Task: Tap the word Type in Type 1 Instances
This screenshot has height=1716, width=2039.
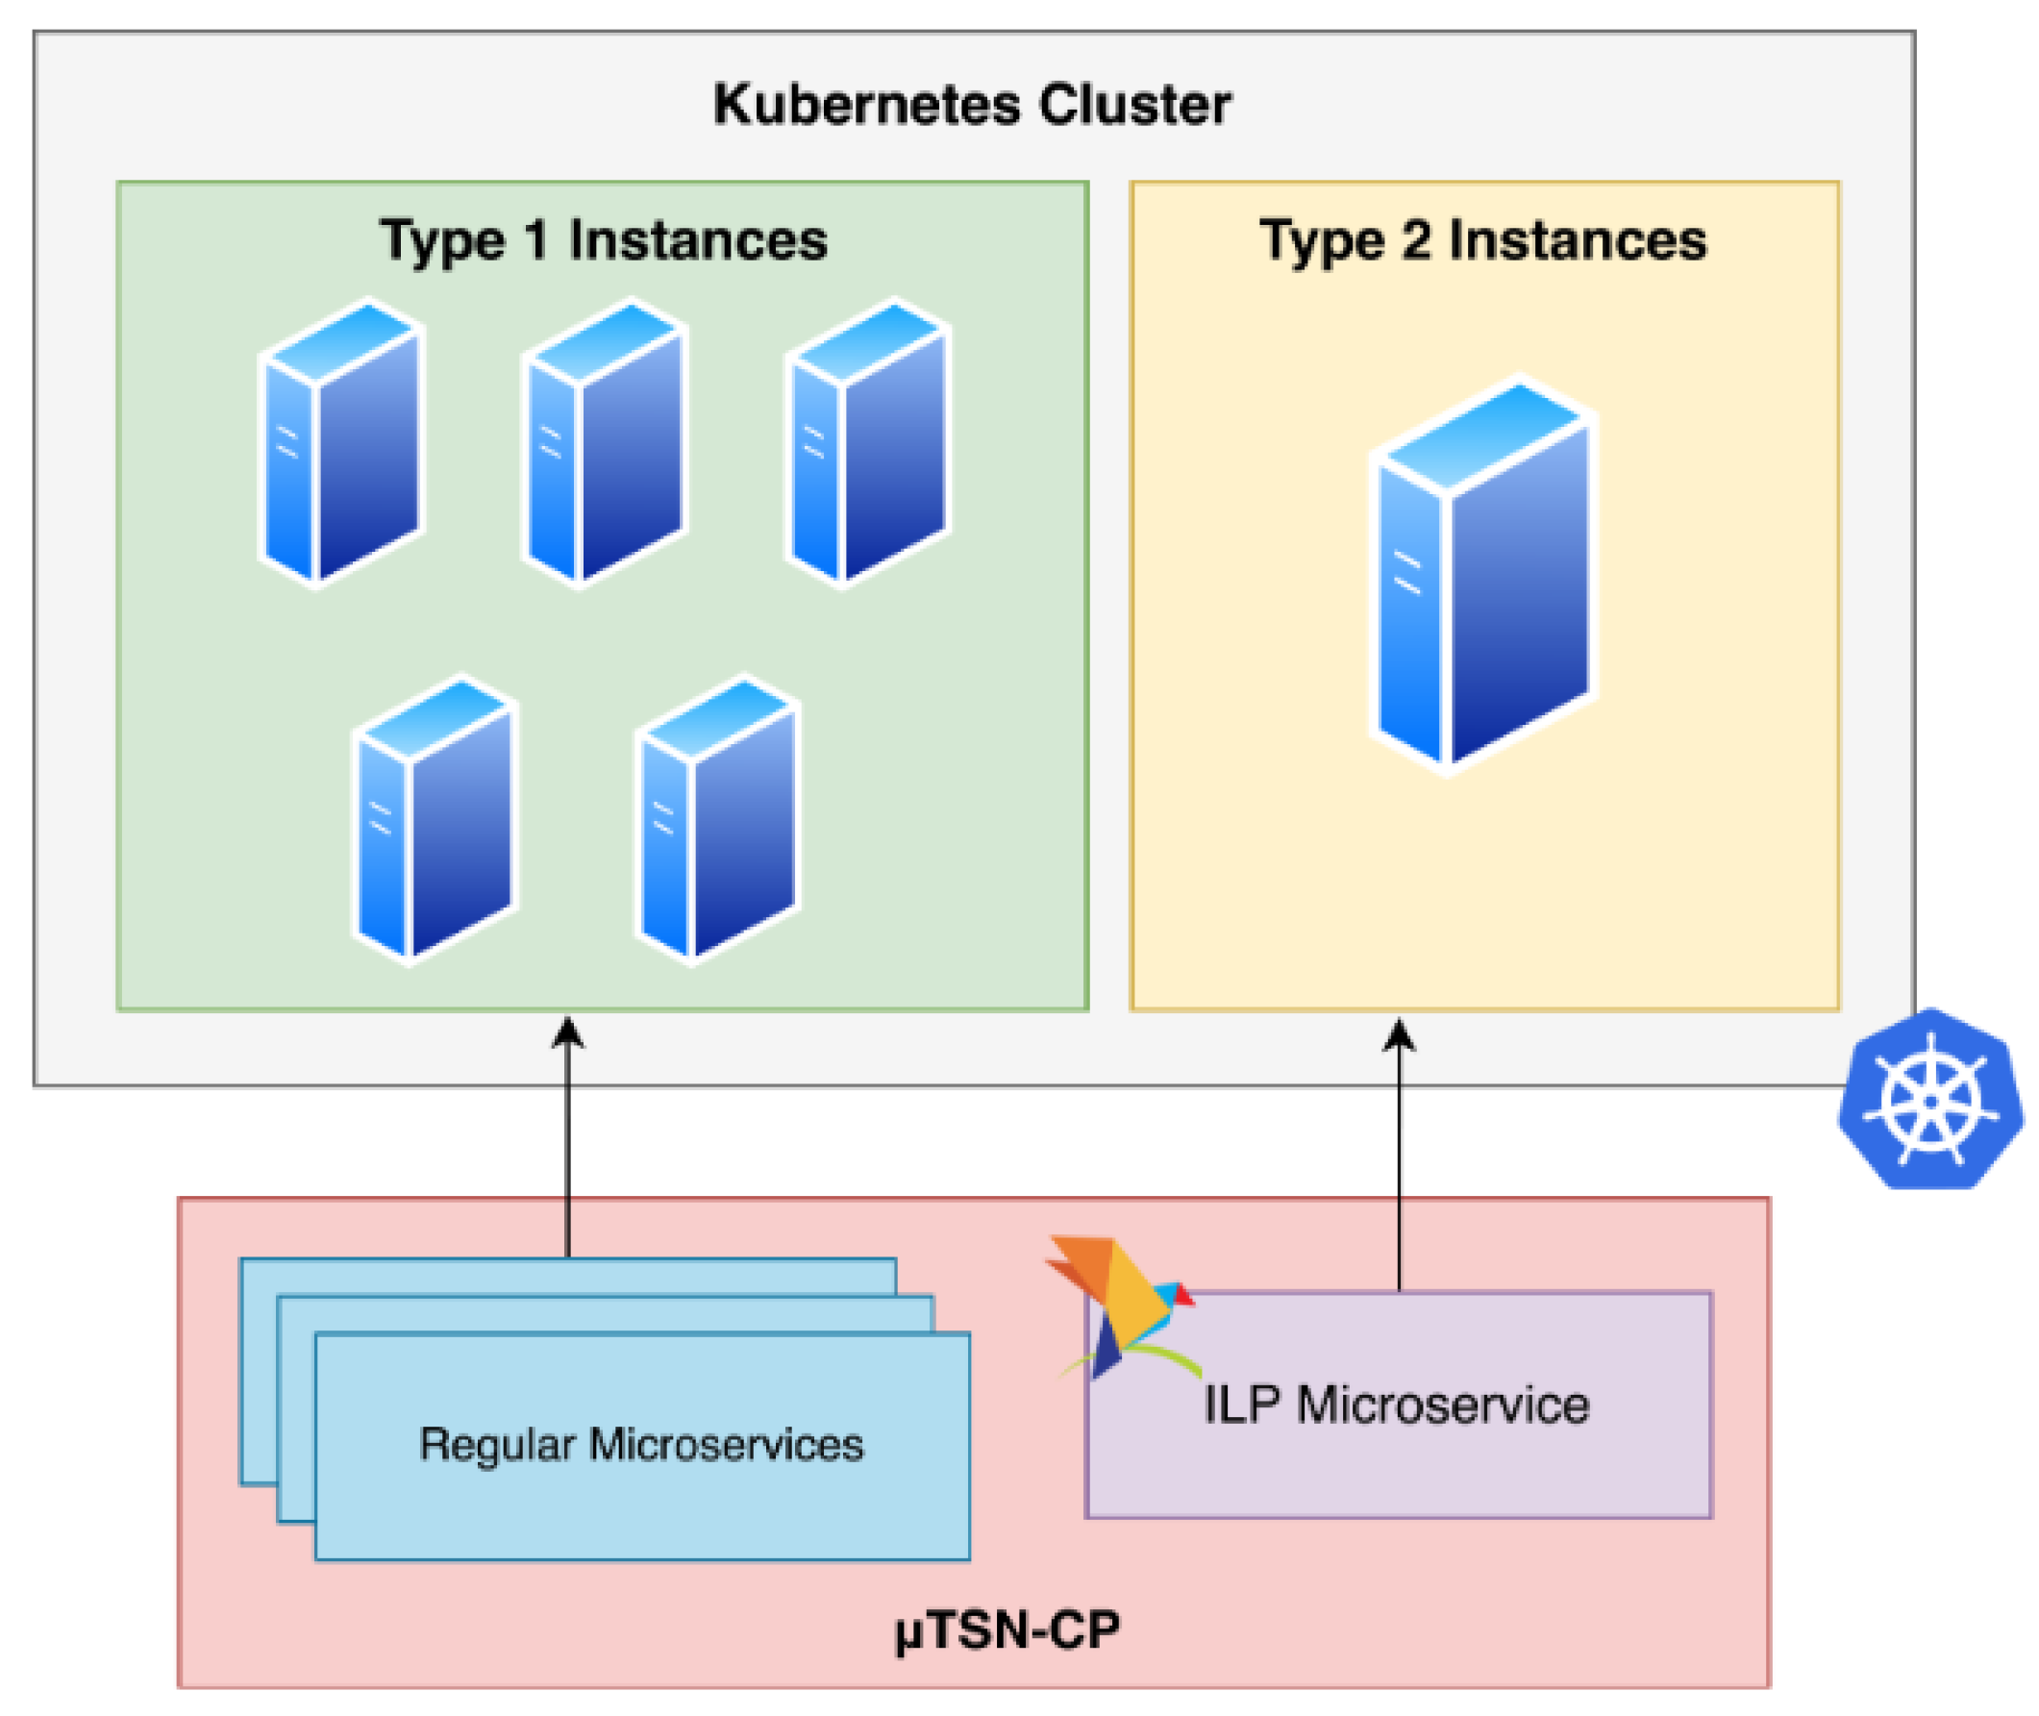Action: (440, 241)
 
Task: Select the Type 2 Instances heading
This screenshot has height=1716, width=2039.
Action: (1481, 240)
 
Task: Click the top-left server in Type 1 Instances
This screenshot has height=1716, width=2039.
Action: (341, 442)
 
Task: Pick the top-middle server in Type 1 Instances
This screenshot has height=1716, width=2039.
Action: (604, 442)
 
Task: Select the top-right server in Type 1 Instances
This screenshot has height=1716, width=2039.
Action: (868, 442)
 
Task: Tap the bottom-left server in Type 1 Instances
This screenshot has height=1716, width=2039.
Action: (434, 819)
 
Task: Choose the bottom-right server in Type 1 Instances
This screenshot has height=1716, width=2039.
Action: (718, 819)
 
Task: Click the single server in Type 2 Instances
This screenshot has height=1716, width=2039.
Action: (1482, 574)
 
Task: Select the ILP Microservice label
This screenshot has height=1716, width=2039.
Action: (1396, 1405)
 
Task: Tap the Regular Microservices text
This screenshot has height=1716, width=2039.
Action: (641, 1445)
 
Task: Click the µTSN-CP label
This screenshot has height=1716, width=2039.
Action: (1007, 1629)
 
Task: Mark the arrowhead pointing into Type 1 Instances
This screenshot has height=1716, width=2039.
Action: (567, 1033)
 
